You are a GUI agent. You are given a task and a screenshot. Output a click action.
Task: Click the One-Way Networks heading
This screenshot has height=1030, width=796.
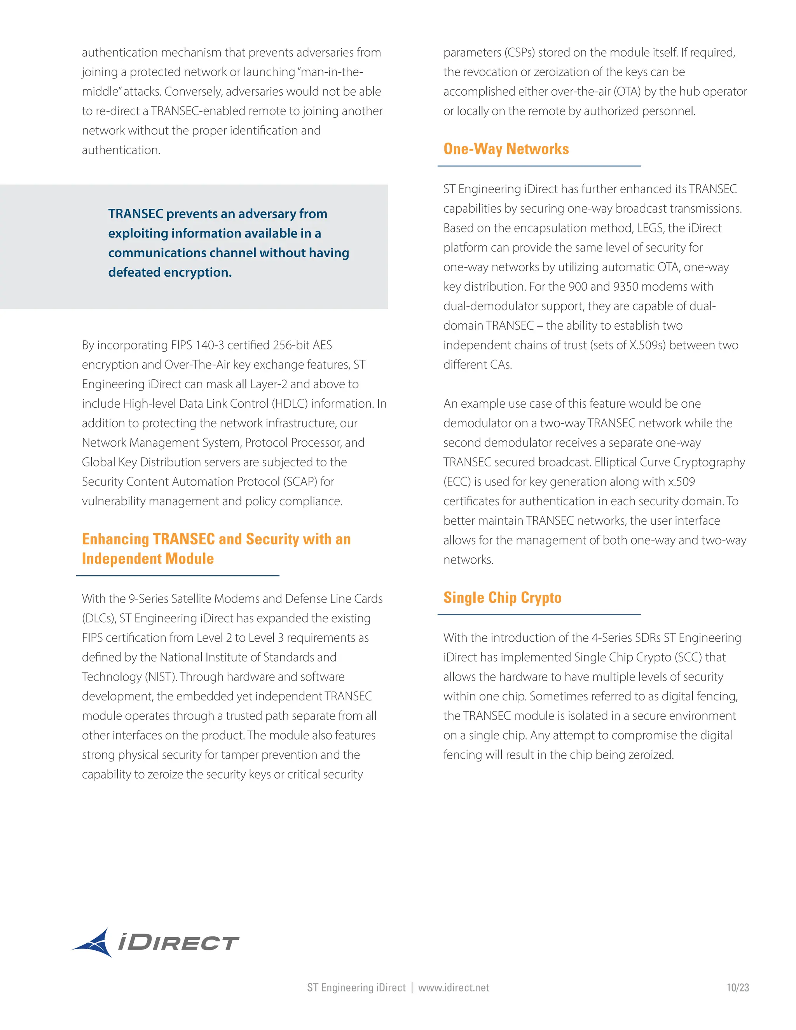[506, 149]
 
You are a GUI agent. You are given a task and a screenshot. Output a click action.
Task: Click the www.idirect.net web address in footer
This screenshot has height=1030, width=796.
[453, 988]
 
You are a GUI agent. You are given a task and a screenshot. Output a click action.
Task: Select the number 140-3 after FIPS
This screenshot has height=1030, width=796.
[210, 345]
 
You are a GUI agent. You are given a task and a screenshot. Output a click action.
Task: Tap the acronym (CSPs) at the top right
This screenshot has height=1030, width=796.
[519, 52]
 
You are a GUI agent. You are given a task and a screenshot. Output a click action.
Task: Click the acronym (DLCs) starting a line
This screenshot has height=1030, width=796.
[99, 618]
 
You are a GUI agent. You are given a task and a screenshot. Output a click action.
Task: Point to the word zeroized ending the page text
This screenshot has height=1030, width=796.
[651, 755]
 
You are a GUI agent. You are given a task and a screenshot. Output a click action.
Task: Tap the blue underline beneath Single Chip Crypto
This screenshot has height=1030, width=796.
[539, 615]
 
